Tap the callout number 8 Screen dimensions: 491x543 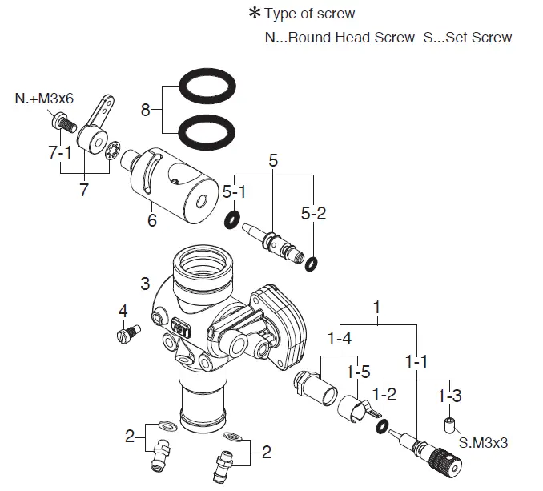pyautogui.click(x=145, y=110)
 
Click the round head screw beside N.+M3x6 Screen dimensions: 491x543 pyautogui.click(x=62, y=123)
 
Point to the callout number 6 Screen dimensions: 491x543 pyautogui.click(x=151, y=220)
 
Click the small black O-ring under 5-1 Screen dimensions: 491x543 pyautogui.click(x=233, y=219)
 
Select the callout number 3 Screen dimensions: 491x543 pyautogui.click(x=145, y=284)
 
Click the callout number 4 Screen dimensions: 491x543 pyautogui.click(x=123, y=310)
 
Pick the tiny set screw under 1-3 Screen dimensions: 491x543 pyautogui.click(x=449, y=422)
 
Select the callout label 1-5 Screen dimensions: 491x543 pyautogui.click(x=357, y=372)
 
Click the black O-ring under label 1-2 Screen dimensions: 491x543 pyautogui.click(x=383, y=425)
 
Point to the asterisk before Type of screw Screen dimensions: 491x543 pyautogui.click(x=255, y=14)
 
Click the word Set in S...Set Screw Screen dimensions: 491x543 pyautogui.click(x=449, y=37)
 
